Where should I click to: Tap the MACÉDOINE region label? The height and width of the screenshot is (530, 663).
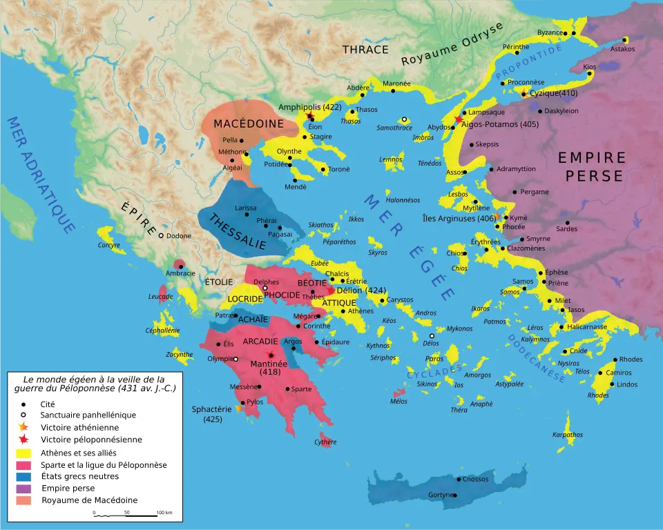(x=240, y=124)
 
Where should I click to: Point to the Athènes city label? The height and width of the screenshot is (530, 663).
(x=361, y=311)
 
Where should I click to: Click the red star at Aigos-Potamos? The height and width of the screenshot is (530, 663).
(x=459, y=119)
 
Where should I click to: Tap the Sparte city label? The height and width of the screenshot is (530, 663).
(x=300, y=389)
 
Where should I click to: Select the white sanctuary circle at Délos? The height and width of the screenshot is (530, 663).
(x=432, y=336)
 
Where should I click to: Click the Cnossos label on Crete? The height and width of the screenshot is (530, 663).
(x=475, y=479)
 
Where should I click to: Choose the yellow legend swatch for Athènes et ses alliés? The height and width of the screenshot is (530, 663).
(x=25, y=452)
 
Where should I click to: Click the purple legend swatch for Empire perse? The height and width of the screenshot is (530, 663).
(x=25, y=488)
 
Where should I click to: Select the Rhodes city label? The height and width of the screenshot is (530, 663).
(x=631, y=360)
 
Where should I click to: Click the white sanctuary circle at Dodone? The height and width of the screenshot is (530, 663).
(x=161, y=236)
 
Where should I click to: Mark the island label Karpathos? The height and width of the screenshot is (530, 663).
(x=568, y=435)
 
